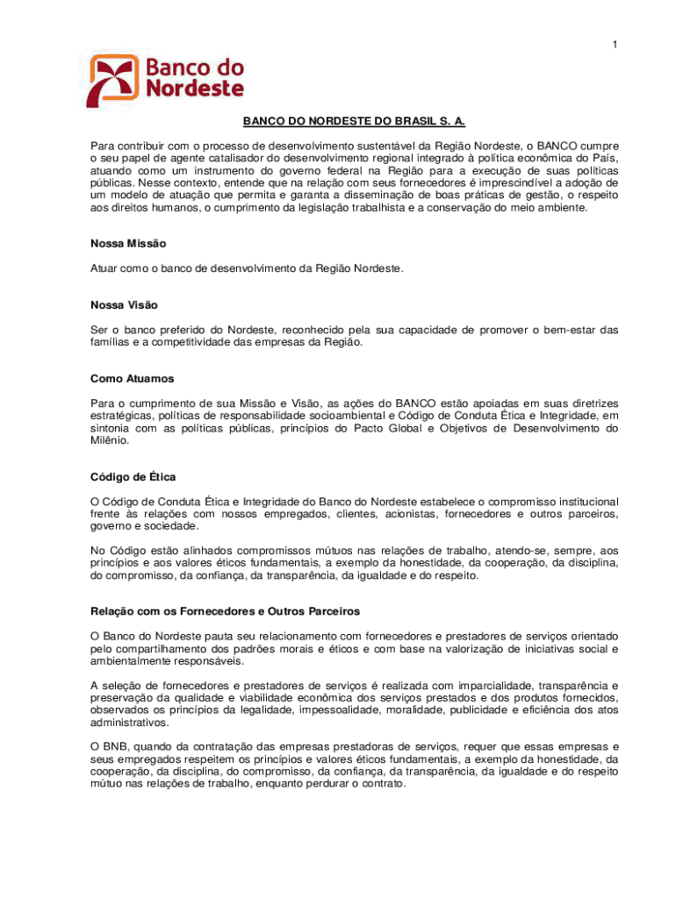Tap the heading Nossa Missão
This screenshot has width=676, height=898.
pyautogui.click(x=128, y=243)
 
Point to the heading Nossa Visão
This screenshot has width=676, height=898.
pyautogui.click(x=124, y=305)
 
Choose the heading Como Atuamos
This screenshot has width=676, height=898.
pyautogui.click(x=133, y=379)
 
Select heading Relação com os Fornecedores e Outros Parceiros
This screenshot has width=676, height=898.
pyautogui.click(x=225, y=610)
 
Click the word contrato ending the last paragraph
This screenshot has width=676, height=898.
pyautogui.click(x=383, y=783)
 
